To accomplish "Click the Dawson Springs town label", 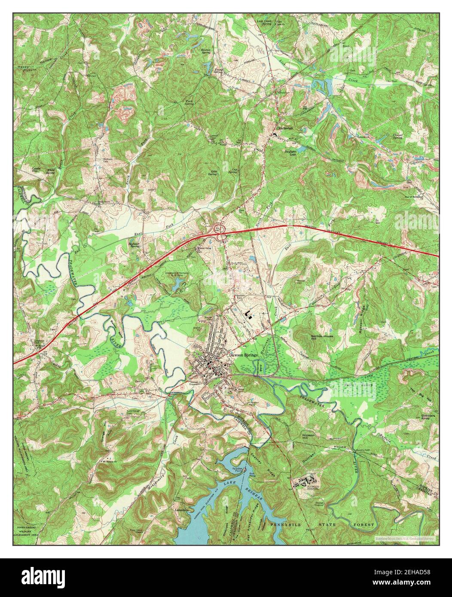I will click(243, 355).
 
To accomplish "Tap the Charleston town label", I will click(285, 128).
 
